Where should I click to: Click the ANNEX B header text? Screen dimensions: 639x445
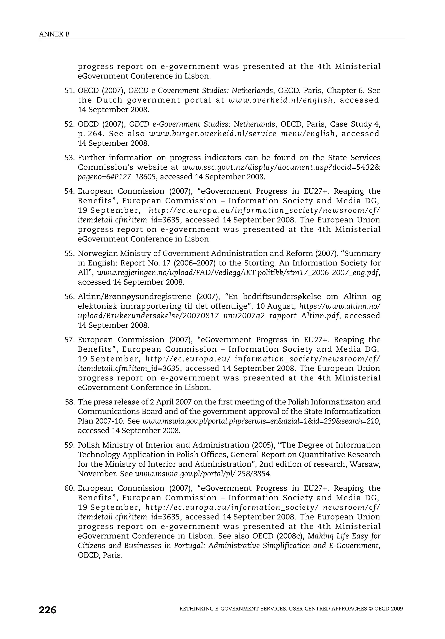pyautogui.click(x=54, y=34)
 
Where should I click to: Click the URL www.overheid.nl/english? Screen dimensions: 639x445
pyautogui.click(x=281, y=100)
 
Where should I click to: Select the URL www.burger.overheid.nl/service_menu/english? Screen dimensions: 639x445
pyautogui.click(x=242, y=134)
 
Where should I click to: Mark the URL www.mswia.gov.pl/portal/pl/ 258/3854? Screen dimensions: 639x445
pyautogui.click(x=203, y=474)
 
